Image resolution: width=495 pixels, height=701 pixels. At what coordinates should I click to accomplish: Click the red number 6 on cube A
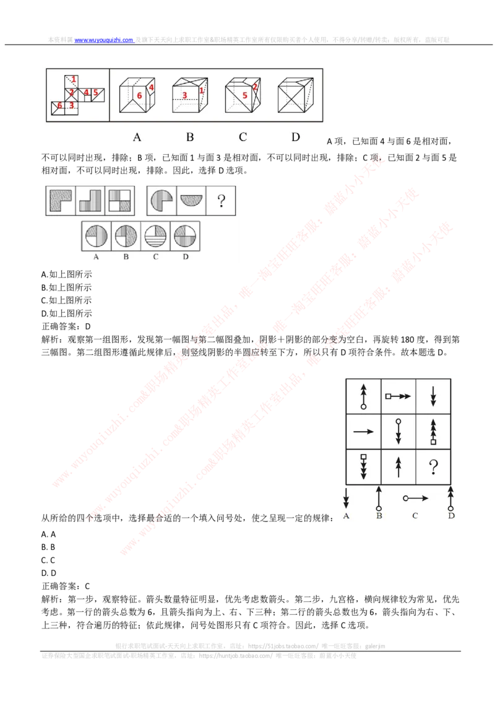click(x=139, y=95)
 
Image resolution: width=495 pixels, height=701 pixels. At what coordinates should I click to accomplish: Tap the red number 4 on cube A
click(x=151, y=88)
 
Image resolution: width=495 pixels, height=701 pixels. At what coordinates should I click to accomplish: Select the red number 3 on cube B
click(x=184, y=95)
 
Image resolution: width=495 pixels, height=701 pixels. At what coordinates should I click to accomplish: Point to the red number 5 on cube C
click(x=245, y=95)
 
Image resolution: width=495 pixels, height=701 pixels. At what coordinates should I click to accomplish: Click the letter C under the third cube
click(x=243, y=137)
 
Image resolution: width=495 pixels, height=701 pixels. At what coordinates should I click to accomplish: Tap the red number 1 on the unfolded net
click(x=74, y=79)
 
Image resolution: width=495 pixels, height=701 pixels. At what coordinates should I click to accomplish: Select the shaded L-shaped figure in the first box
click(x=60, y=200)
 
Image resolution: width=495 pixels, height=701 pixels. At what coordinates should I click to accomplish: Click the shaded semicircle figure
click(x=191, y=200)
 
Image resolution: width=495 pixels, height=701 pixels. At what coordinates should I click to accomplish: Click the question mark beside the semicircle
click(x=220, y=200)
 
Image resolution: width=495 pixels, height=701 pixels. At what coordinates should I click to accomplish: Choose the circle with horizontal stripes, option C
click(x=155, y=236)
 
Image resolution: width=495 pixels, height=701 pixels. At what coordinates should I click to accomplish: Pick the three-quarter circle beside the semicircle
click(x=161, y=200)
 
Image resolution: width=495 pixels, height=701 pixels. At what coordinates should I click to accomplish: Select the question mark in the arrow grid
click(x=433, y=466)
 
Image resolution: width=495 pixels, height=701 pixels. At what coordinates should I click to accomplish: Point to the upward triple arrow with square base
click(x=433, y=431)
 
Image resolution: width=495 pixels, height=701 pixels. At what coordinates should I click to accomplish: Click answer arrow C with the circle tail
click(x=416, y=498)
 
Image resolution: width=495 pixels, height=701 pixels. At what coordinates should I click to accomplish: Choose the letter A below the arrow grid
click(x=345, y=516)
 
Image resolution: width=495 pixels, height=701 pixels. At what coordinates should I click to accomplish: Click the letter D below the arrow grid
click(x=451, y=516)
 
